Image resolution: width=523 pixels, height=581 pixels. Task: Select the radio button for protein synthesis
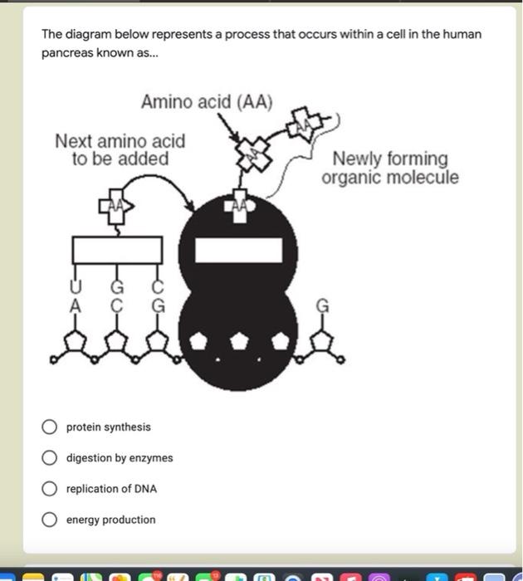(x=50, y=427)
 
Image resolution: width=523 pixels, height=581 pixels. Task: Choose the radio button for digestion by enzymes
(x=50, y=457)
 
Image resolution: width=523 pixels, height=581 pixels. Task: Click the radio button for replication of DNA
(x=50, y=489)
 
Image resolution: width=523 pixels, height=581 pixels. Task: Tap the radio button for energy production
(x=50, y=520)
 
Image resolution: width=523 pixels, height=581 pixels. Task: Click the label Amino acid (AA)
(x=206, y=102)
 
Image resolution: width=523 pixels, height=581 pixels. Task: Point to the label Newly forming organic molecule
(x=389, y=168)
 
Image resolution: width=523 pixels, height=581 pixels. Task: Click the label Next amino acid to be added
(x=120, y=149)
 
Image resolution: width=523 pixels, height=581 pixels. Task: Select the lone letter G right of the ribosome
(x=323, y=305)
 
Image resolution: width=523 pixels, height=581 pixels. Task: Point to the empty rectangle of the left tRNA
(x=116, y=250)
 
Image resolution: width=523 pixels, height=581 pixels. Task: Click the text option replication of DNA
(x=111, y=489)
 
